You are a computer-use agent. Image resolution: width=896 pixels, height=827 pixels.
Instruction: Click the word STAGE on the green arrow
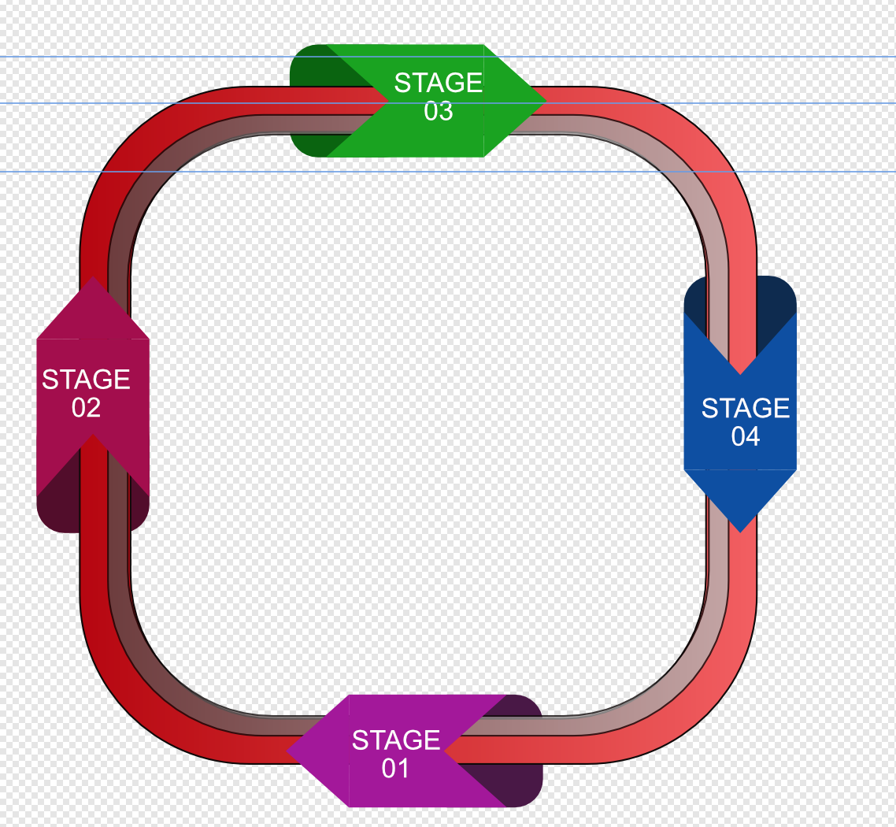click(x=438, y=83)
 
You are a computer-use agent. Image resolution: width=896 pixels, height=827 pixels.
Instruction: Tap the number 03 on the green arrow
click(x=438, y=111)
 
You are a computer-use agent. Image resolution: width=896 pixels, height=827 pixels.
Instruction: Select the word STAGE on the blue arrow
click(x=745, y=408)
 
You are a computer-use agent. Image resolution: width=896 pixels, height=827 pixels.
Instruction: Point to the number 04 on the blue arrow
click(x=745, y=436)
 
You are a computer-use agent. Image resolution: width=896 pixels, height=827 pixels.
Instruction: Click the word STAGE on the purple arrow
click(x=395, y=740)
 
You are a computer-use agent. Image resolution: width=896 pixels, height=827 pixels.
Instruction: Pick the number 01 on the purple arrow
click(x=395, y=768)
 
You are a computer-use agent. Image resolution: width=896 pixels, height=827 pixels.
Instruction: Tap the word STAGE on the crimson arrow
click(x=86, y=380)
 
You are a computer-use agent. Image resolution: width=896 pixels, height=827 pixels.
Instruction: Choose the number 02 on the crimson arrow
click(x=86, y=408)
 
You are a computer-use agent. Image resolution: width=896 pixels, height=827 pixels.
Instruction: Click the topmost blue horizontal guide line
click(x=157, y=57)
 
